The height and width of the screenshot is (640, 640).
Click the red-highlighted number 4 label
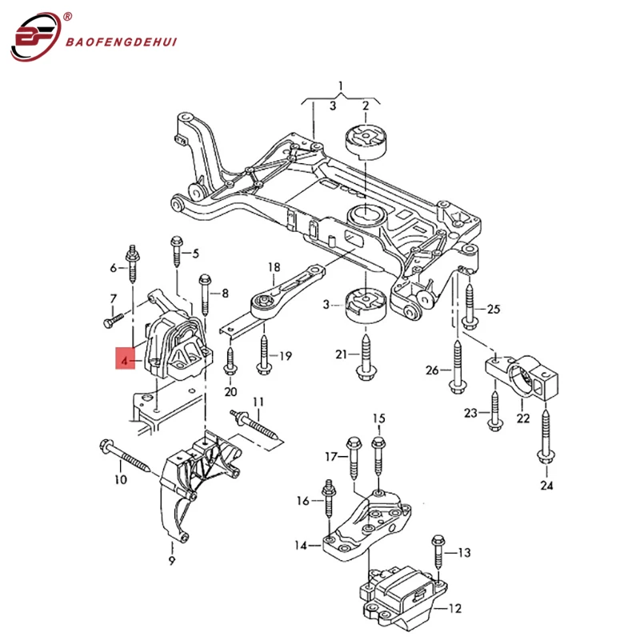pyautogui.click(x=125, y=362)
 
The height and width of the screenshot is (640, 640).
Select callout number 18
pyautogui.click(x=274, y=266)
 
